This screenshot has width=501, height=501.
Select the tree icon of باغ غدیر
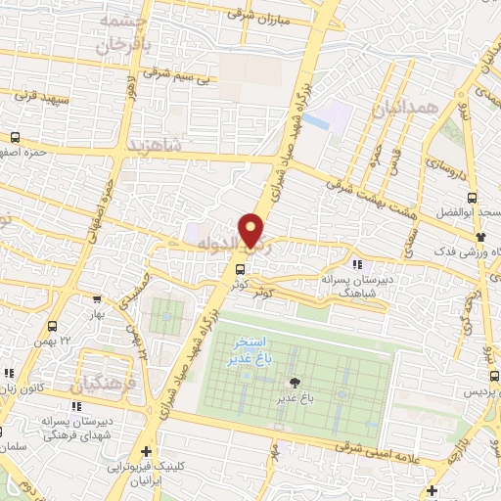point(293,383)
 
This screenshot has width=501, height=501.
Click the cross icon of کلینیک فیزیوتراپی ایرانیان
point(146,452)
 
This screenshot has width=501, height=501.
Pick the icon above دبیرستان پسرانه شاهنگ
point(357,264)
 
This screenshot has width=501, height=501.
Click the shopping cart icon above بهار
point(96,301)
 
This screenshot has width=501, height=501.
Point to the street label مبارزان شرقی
point(252,15)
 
